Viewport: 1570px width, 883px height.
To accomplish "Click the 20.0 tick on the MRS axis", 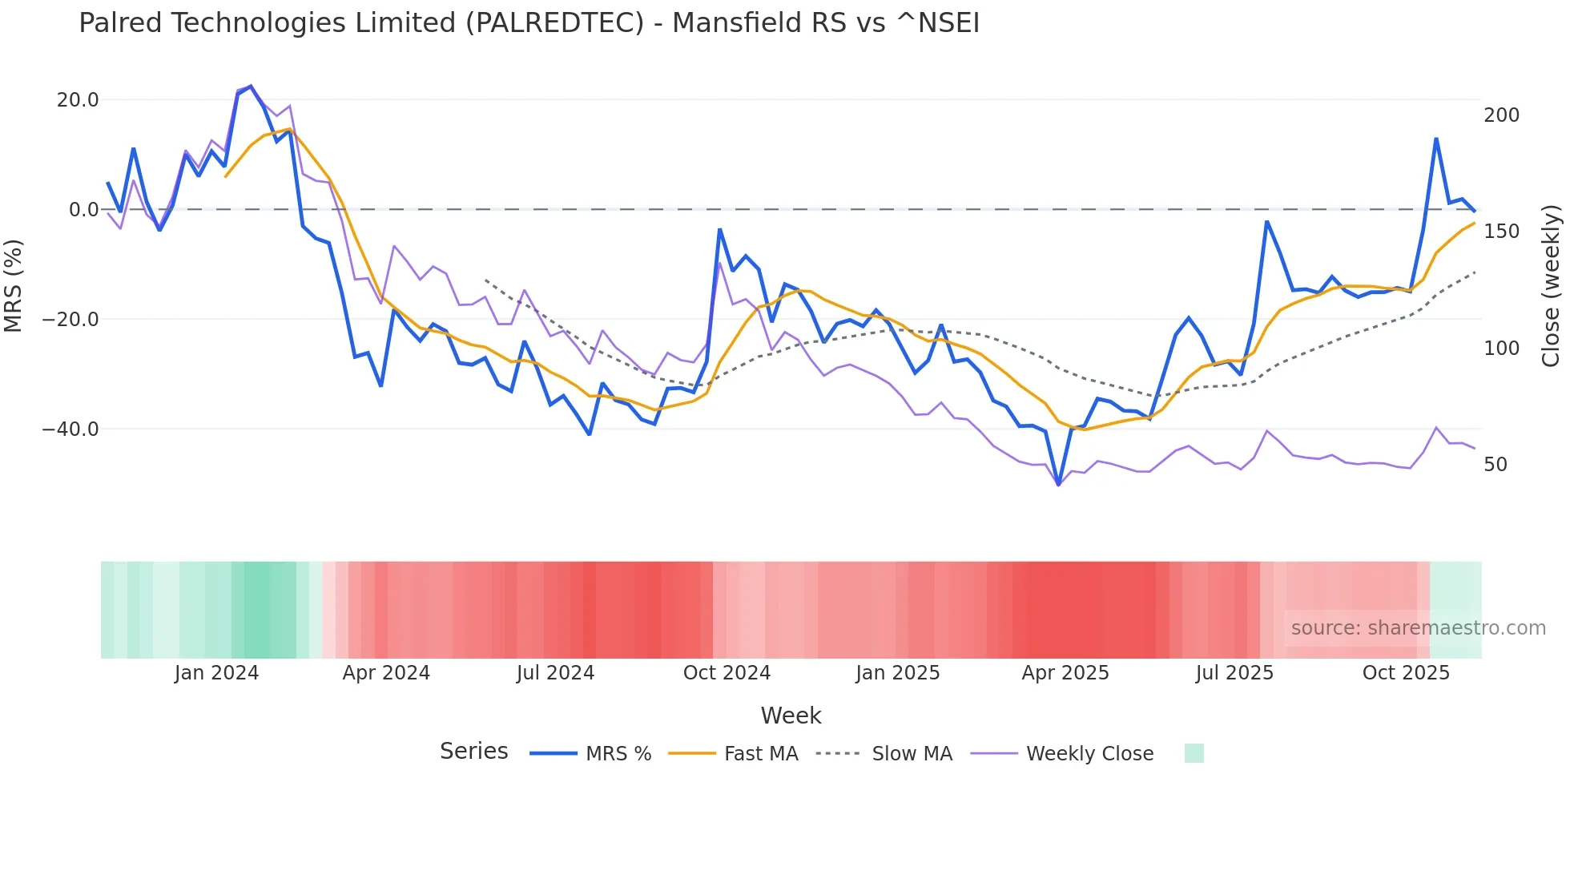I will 78,100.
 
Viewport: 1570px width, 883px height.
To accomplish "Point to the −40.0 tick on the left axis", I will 71,429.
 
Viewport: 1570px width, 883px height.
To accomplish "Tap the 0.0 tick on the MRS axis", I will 84,210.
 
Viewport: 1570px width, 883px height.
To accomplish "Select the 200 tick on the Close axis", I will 1501,115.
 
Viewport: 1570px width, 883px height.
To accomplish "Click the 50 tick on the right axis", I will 1496,465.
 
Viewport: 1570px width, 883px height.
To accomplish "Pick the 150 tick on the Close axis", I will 1501,232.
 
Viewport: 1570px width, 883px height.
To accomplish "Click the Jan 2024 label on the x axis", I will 216,673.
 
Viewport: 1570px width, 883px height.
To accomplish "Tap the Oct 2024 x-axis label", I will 727,673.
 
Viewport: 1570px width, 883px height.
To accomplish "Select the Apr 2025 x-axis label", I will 1065,673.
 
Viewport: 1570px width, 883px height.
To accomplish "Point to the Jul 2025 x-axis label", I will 1234,673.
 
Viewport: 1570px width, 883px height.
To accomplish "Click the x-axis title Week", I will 791,716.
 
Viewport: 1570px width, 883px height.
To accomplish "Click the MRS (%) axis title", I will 14,286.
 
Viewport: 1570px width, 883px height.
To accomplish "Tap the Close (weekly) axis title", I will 1552,286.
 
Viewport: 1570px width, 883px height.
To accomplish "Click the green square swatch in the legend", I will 1194,753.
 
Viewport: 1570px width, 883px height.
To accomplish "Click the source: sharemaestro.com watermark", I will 1418,628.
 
